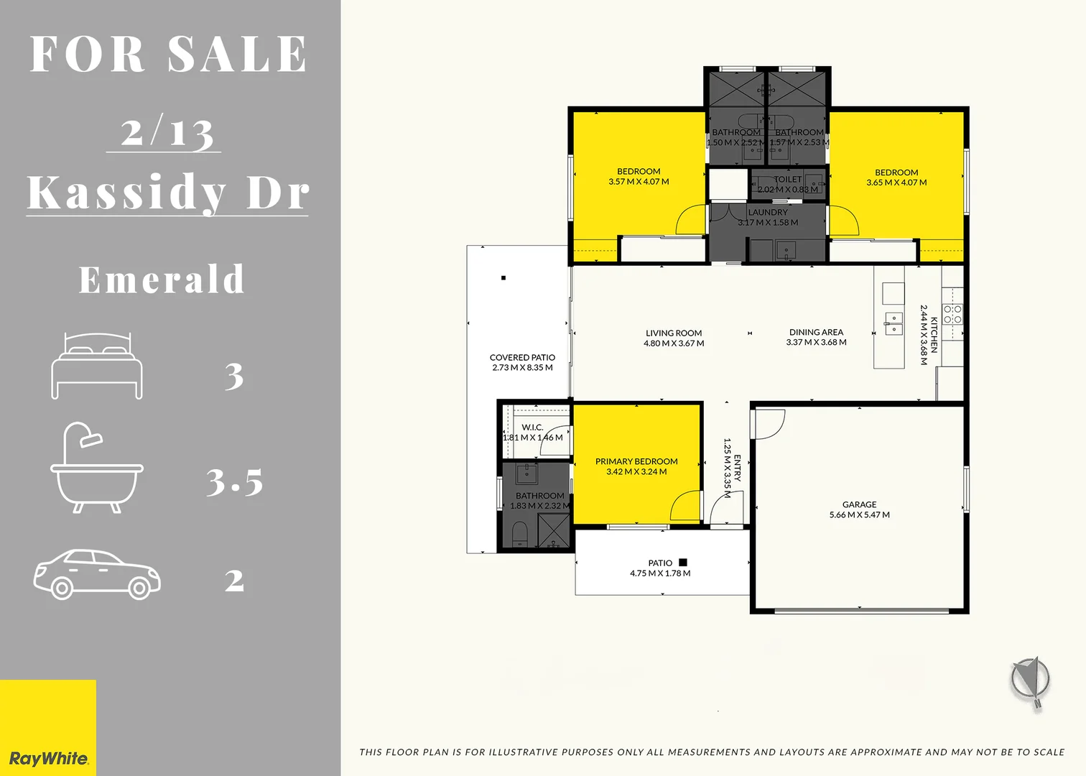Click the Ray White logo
[48, 758]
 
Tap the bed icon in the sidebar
[97, 366]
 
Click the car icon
[97, 574]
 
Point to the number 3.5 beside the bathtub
[234, 481]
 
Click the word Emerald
[162, 280]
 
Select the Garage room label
[859, 504]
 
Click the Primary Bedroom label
[636, 461]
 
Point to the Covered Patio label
[522, 357]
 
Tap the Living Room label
[674, 333]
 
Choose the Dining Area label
[816, 332]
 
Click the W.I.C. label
[532, 427]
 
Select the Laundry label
[768, 212]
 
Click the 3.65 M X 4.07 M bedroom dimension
[896, 183]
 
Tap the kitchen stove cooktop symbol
[952, 314]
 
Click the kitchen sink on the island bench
[894, 323]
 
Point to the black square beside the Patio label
[683, 563]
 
